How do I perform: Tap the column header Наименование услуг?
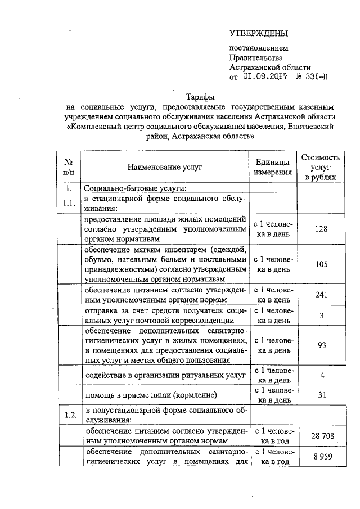click(x=164, y=167)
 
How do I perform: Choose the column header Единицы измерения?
click(x=273, y=167)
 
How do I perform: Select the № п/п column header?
click(x=69, y=167)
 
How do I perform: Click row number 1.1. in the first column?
click(x=69, y=204)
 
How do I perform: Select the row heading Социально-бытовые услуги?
click(x=136, y=188)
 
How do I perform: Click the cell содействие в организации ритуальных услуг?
click(x=165, y=375)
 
